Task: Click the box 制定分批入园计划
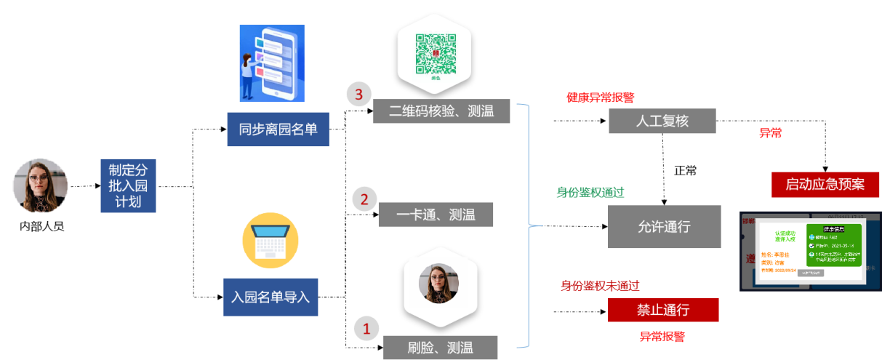(128, 186)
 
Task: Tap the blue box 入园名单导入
(270, 297)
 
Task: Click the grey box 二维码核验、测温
(441, 111)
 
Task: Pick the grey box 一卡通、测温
(436, 215)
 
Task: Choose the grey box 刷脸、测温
(441, 347)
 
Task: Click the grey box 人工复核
(662, 121)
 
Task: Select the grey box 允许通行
(664, 227)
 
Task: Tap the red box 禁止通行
(663, 310)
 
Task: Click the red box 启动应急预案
(825, 185)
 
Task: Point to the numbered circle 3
(358, 94)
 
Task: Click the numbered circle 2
(365, 199)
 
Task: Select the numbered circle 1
(366, 329)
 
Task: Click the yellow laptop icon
(270, 241)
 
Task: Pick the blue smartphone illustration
(271, 63)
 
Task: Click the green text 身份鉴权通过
(590, 193)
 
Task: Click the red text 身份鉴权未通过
(600, 285)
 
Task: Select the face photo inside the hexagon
(438, 283)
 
